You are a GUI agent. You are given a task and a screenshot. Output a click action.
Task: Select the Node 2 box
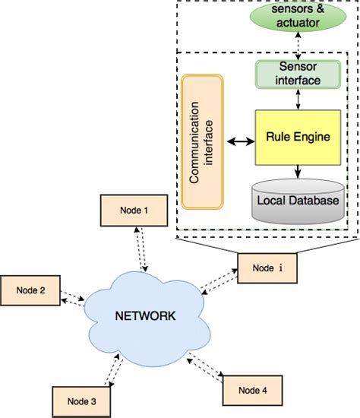coord(30,290)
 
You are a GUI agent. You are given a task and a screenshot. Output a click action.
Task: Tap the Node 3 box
coord(81,401)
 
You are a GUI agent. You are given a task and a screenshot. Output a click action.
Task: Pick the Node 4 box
coord(252,391)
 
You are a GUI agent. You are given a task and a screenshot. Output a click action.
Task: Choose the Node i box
coord(267,268)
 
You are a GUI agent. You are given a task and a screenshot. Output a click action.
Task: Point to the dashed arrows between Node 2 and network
coord(73,299)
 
